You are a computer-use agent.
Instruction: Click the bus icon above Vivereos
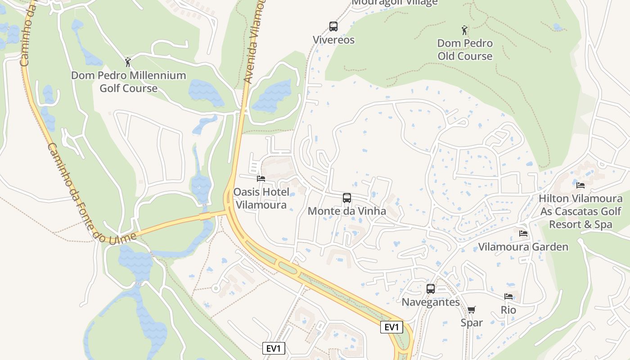[x=333, y=27]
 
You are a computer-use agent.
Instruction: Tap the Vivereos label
[x=333, y=40]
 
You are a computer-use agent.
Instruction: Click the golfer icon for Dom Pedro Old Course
[x=465, y=31]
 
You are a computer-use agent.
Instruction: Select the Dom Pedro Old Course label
[x=465, y=50]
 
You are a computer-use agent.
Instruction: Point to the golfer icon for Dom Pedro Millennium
[x=128, y=62]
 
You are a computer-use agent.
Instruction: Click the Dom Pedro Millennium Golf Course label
[x=128, y=81]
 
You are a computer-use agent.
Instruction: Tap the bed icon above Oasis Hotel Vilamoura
[x=261, y=179]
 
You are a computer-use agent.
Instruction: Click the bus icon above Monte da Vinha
[x=346, y=198]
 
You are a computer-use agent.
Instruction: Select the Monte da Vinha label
[x=346, y=211]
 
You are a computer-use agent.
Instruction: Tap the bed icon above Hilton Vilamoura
[x=580, y=185]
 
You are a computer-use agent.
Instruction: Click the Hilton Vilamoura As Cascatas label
[x=580, y=211]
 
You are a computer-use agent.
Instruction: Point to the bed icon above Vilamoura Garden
[x=523, y=234]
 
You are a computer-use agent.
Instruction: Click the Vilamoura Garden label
[x=523, y=247]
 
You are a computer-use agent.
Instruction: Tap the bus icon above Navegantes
[x=431, y=289]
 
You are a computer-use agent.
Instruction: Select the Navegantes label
[x=431, y=302]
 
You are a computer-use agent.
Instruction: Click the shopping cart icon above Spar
[x=471, y=310]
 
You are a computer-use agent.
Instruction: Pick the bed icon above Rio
[x=508, y=297]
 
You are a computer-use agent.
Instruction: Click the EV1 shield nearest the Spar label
[x=391, y=327]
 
